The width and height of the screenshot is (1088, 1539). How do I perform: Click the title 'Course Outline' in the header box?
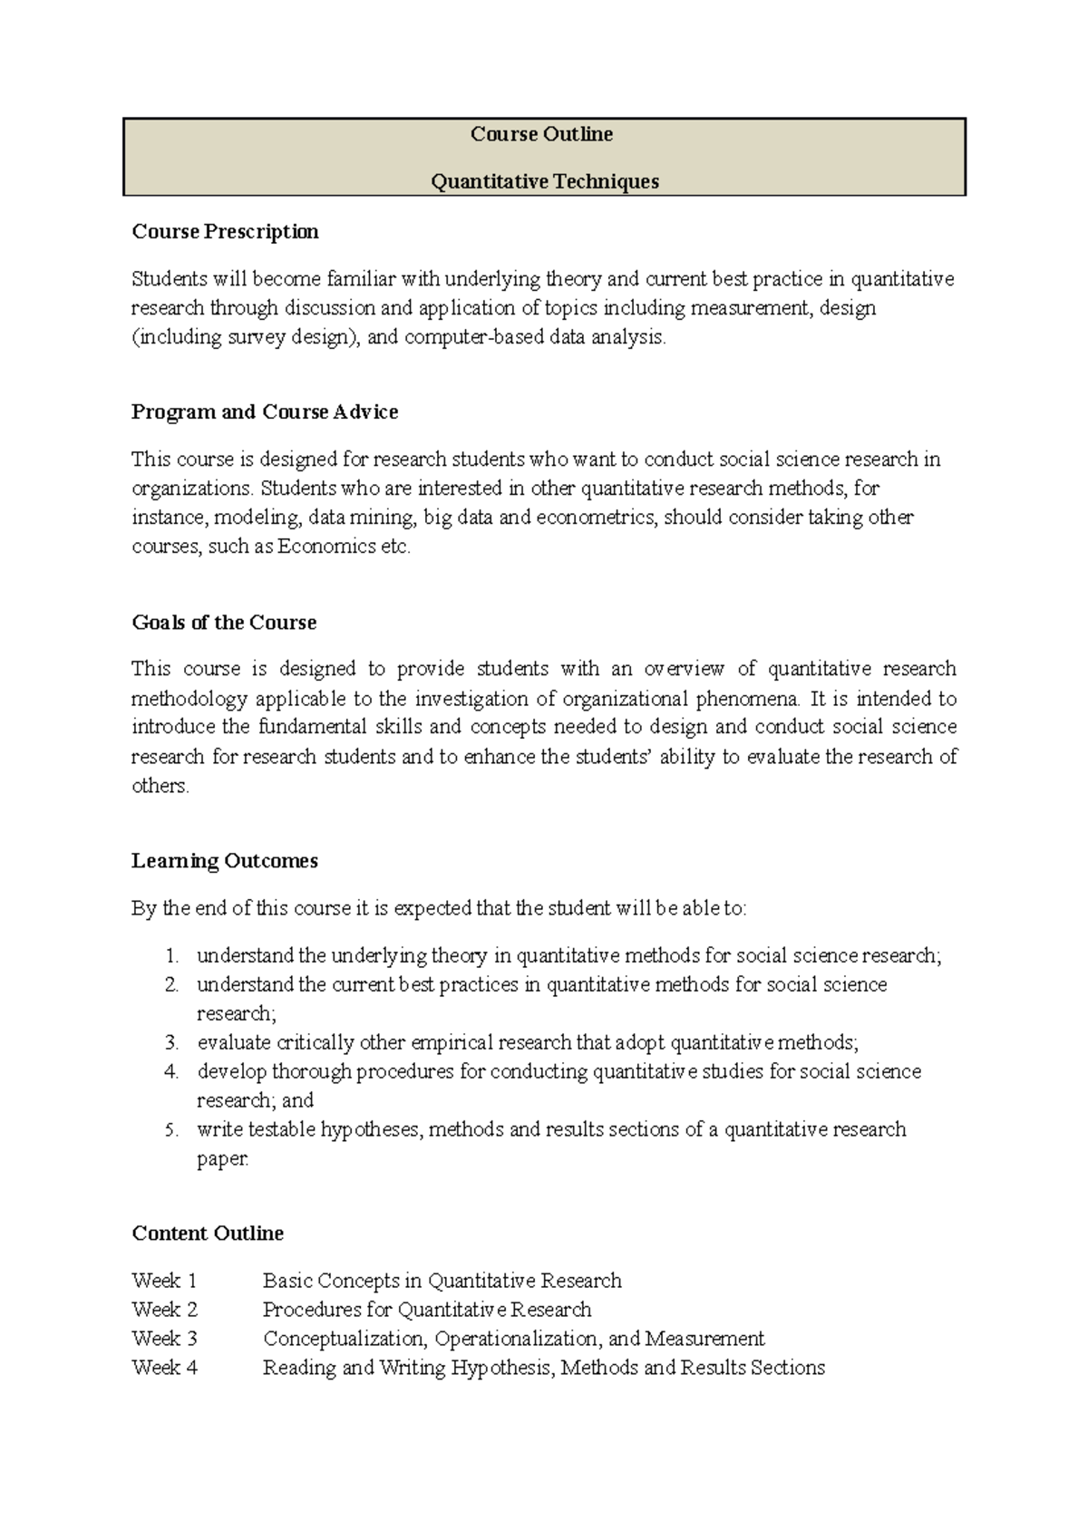click(541, 134)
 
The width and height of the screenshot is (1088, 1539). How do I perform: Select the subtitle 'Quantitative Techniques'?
click(544, 181)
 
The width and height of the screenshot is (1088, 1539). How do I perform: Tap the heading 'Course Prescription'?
click(225, 231)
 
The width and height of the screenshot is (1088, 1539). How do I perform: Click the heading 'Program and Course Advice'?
click(265, 412)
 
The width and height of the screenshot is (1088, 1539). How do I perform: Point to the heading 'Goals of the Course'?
click(224, 623)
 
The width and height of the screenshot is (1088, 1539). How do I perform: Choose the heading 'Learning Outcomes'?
click(225, 861)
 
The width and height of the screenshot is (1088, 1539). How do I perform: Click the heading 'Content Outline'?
click(208, 1234)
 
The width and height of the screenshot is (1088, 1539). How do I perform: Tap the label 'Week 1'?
click(164, 1281)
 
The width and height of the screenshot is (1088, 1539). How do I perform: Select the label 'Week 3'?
click(164, 1339)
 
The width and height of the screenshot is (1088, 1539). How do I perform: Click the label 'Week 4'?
click(164, 1368)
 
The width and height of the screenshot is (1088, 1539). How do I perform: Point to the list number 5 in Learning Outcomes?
click(171, 1130)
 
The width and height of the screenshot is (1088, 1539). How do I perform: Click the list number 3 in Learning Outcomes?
click(171, 1043)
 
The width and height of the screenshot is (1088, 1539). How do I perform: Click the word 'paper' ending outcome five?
click(220, 1159)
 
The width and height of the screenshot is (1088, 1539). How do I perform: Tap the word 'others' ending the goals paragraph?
click(160, 786)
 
